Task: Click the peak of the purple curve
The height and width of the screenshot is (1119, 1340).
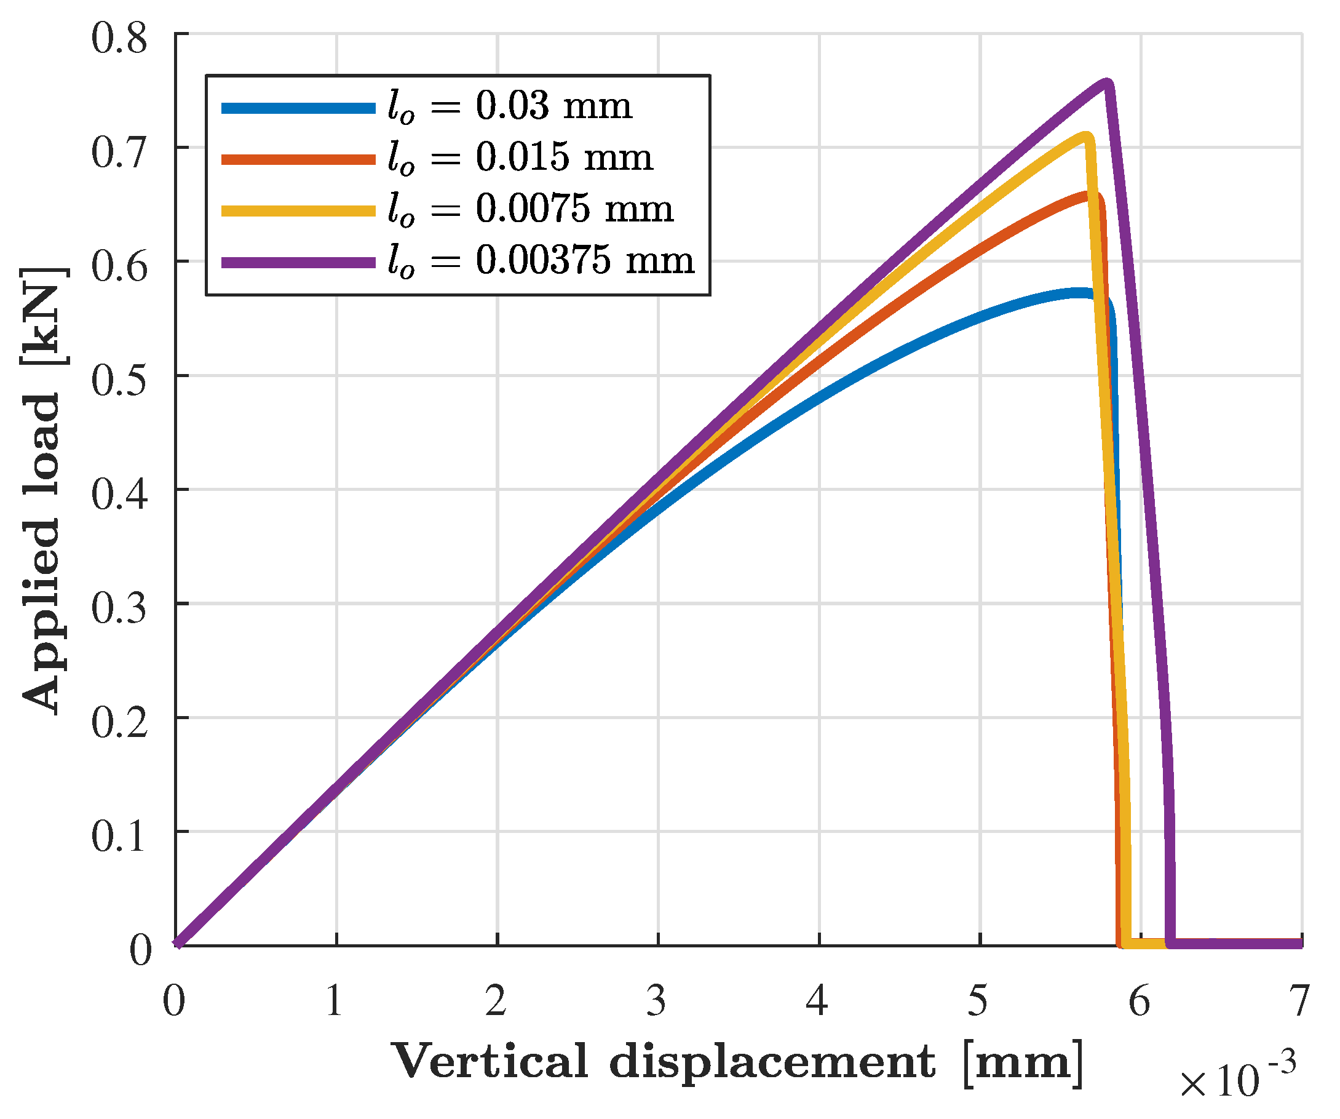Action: tap(1106, 83)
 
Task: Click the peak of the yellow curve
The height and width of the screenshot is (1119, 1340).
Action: tap(1085, 136)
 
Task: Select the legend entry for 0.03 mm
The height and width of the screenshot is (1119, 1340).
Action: tap(510, 106)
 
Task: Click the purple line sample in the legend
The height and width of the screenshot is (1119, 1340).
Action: tap(298, 262)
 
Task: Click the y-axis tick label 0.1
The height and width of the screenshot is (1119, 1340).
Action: tap(119, 837)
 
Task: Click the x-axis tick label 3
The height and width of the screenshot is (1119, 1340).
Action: tap(657, 1001)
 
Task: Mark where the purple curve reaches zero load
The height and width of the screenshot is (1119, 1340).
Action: tap(1170, 943)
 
